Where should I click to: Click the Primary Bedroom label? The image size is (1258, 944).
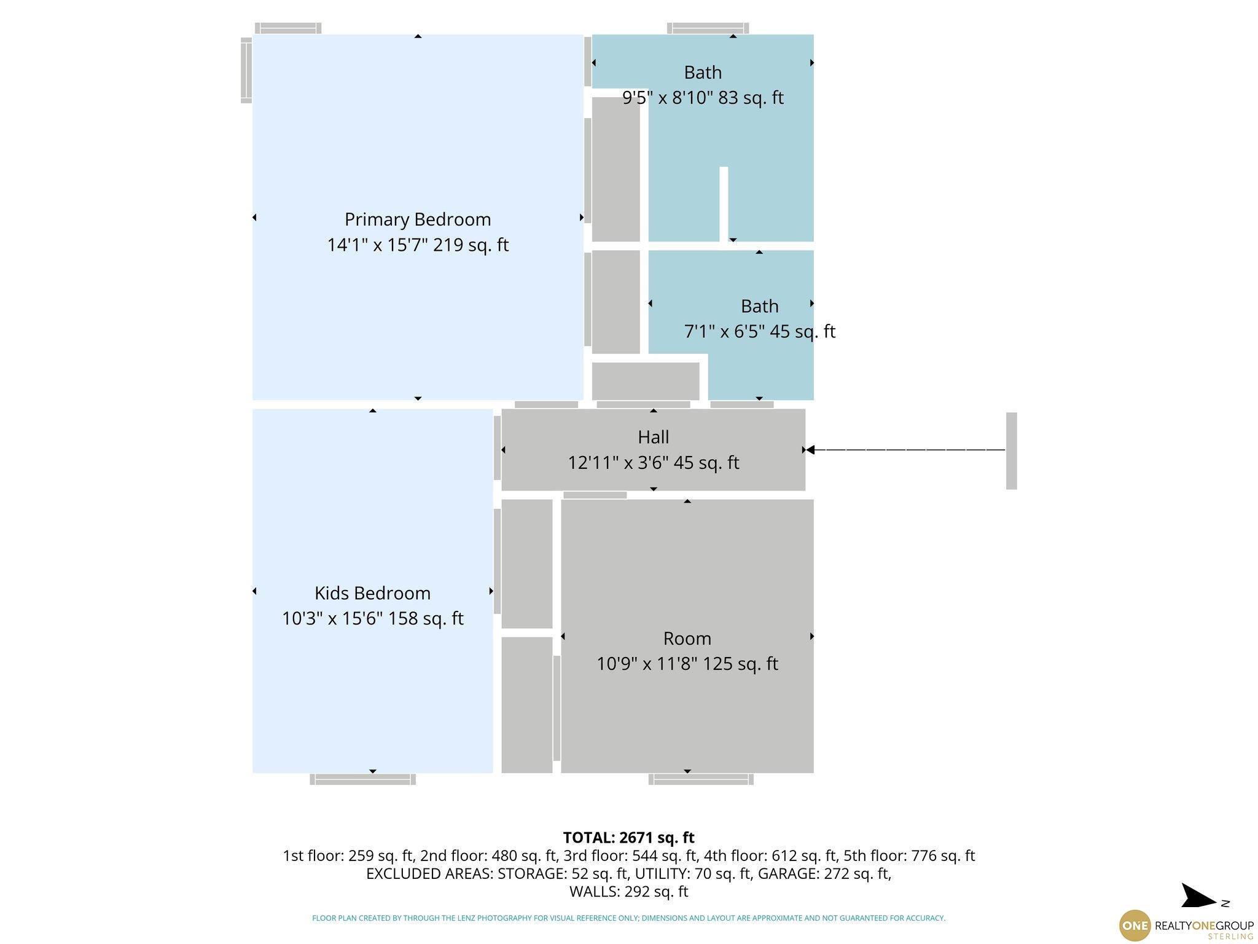tap(418, 219)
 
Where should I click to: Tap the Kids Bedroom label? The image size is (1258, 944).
tap(372, 593)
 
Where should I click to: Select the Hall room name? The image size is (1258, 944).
tap(653, 437)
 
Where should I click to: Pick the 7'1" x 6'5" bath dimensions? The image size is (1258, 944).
tap(724, 331)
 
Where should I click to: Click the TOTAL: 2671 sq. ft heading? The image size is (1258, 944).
tap(628, 838)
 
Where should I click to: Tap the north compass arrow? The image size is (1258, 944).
tap(1198, 897)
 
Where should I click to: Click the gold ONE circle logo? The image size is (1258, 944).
tap(1135, 926)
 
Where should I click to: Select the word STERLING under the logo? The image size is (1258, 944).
tap(1230, 937)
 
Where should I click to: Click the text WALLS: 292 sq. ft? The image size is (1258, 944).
tap(628, 892)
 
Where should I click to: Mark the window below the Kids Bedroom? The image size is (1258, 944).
tap(362, 779)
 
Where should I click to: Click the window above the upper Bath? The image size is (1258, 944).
tap(708, 28)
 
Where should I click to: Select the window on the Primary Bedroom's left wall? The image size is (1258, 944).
tap(246, 69)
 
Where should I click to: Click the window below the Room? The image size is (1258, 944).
tap(701, 779)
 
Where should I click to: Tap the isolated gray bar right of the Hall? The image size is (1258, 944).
tap(1011, 451)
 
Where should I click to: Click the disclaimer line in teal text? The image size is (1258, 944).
tap(628, 918)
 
